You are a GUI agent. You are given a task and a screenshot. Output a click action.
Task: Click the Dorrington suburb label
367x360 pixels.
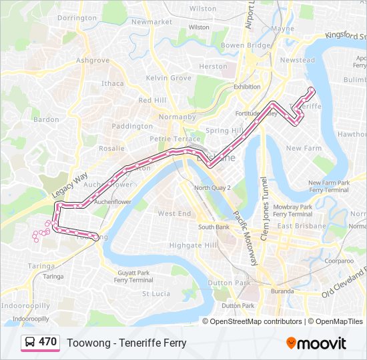tap(77, 18)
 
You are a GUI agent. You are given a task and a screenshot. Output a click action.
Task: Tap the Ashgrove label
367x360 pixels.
tap(93, 60)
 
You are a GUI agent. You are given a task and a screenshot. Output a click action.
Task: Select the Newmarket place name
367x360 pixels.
tap(151, 21)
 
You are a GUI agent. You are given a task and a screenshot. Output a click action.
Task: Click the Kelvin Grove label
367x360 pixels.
tap(169, 78)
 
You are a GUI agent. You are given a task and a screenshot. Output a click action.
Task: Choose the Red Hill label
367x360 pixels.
tap(152, 99)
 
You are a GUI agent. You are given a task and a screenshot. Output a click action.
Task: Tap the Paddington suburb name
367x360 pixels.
tap(132, 126)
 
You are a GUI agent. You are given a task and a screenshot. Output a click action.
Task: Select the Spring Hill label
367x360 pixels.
tap(223, 131)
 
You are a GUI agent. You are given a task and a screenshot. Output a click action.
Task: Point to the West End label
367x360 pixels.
tap(174, 213)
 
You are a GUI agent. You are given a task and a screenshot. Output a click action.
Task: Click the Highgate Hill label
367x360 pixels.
tap(194, 245)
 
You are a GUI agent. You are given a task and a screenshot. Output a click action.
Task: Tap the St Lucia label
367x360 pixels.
tap(157, 293)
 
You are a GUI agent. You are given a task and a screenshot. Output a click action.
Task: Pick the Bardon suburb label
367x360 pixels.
tap(46, 119)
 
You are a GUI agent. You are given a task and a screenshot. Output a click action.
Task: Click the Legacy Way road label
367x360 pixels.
tap(69, 187)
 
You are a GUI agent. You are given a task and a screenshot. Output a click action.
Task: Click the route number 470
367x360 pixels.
tap(47, 342)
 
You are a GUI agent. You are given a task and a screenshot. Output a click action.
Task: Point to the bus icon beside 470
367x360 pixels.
tap(30, 343)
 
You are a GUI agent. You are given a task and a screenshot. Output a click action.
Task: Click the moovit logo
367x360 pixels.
tap(316, 343)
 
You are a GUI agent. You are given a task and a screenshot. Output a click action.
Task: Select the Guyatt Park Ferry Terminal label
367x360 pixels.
tap(134, 276)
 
